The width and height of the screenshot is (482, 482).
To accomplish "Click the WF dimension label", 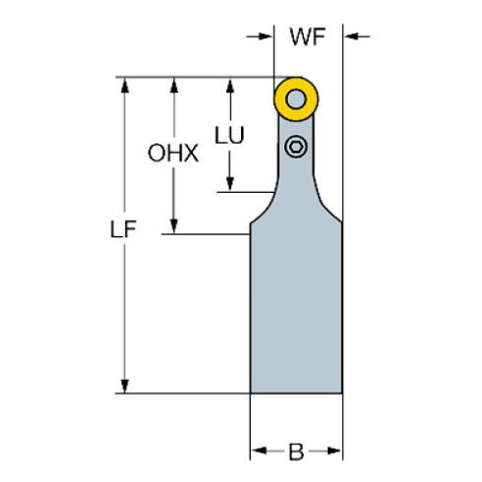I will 307,38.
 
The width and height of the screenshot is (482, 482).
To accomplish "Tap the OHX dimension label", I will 173,153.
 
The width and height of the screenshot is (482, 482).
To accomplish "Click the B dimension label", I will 296,452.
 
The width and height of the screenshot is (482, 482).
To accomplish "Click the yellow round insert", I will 296,98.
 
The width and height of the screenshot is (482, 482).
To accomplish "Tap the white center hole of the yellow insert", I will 296,98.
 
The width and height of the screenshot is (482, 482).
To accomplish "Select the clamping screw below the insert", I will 296,148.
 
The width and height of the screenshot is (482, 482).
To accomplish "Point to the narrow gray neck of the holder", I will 296,182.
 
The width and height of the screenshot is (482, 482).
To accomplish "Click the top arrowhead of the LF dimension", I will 124,86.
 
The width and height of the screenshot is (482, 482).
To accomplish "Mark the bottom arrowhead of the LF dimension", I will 124,386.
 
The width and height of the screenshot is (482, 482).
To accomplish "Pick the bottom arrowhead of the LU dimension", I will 230,184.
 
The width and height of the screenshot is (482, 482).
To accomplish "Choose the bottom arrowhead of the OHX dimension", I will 174,226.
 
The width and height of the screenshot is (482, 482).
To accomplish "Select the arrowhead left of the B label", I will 259,452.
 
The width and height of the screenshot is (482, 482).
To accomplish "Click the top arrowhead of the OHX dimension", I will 174,85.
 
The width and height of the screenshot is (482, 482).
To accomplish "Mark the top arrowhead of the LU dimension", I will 230,85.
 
